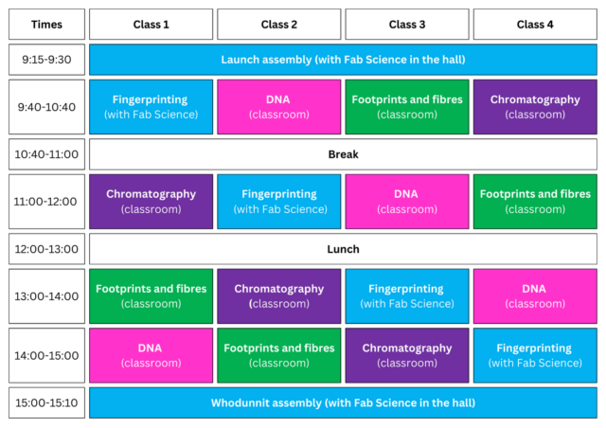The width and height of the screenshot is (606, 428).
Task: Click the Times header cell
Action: click(x=46, y=25)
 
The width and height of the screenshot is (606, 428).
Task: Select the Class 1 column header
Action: click(x=151, y=25)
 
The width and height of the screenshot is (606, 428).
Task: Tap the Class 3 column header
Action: click(x=407, y=25)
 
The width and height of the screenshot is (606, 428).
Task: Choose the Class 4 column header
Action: click(x=535, y=25)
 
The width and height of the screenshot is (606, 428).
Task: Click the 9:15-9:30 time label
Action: click(x=46, y=60)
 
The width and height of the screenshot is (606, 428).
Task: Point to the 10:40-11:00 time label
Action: click(x=46, y=154)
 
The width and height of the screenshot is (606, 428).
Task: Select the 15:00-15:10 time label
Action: click(x=46, y=402)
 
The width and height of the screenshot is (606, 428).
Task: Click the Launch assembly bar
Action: click(x=343, y=60)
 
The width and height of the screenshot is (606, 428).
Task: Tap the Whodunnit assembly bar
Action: click(x=343, y=402)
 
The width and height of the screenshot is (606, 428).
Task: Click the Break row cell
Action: click(x=343, y=154)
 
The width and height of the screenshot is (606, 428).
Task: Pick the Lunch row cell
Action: click(x=343, y=249)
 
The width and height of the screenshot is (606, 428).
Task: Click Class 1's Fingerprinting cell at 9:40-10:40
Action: click(x=151, y=107)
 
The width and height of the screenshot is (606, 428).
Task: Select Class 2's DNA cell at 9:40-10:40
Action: click(x=279, y=107)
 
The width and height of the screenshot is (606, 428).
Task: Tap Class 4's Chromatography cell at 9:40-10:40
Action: click(x=535, y=107)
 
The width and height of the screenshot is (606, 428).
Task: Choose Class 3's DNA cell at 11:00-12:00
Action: click(x=407, y=202)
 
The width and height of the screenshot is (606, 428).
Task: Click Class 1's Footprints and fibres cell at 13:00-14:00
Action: click(x=151, y=296)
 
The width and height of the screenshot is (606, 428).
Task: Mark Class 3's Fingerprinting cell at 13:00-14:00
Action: click(x=407, y=296)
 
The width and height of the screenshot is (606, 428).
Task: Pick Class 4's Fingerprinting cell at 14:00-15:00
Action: click(x=535, y=355)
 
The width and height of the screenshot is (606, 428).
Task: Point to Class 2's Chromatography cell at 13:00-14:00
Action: click(x=279, y=296)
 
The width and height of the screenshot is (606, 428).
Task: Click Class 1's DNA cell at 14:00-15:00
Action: click(x=151, y=355)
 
